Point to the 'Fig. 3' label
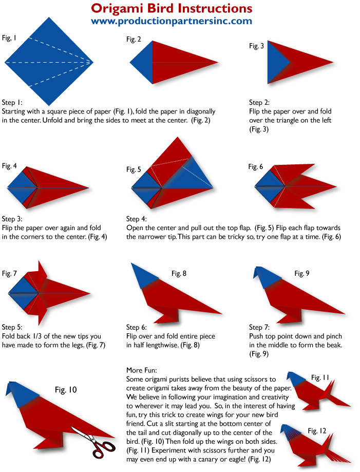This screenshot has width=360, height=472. [256, 46]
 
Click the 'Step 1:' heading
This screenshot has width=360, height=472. [12, 102]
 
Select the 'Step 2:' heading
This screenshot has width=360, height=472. [259, 102]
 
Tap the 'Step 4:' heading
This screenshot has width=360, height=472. [137, 219]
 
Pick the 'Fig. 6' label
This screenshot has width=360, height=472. [256, 166]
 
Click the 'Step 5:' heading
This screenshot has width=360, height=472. [12, 326]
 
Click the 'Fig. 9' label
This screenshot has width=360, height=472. [302, 274]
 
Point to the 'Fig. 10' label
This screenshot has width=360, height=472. [66, 390]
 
